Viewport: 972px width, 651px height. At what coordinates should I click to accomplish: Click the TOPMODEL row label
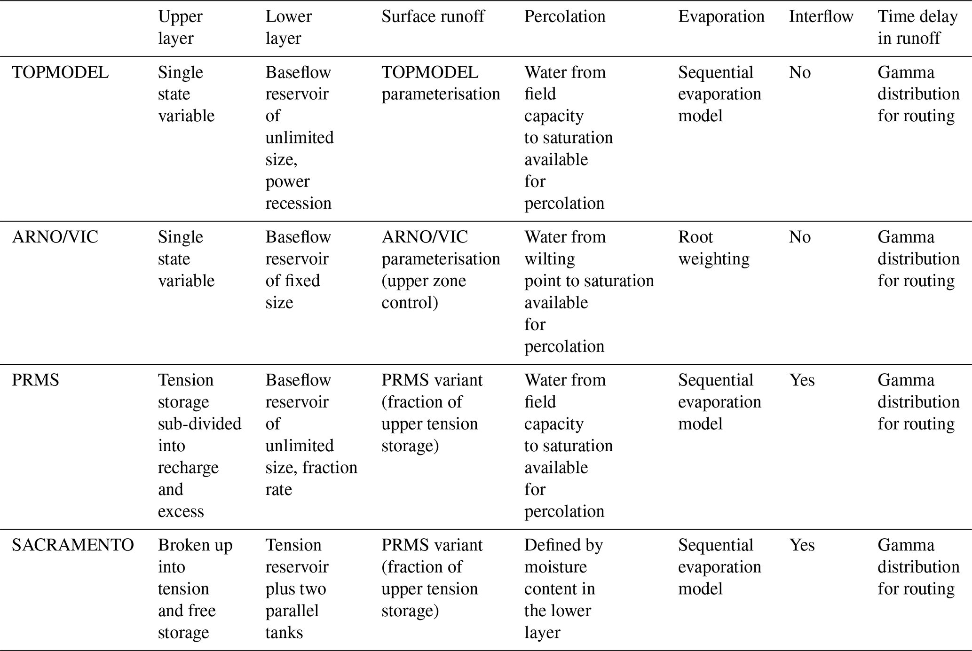(60, 72)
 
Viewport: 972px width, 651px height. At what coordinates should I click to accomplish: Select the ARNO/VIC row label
(55, 237)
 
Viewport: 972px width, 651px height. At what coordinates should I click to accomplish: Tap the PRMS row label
(35, 380)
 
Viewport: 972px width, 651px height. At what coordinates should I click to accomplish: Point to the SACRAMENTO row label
(73, 545)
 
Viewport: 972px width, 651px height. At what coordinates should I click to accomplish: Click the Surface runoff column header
(433, 16)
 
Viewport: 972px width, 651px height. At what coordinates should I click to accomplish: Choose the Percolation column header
(565, 16)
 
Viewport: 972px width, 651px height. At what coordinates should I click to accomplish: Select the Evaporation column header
(721, 16)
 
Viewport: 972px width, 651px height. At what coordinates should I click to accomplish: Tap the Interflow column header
(821, 16)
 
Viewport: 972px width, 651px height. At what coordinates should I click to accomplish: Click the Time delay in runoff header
(917, 27)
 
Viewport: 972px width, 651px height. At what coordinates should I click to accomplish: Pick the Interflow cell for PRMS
(801, 380)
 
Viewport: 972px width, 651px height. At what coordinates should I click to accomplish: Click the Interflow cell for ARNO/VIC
(799, 237)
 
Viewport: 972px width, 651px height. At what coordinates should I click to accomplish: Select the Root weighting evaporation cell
(713, 248)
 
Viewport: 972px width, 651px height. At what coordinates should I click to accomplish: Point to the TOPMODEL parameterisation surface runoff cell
(440, 83)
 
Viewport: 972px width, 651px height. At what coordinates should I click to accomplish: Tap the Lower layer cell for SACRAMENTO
(296, 588)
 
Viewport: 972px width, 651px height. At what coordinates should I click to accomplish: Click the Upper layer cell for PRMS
(199, 445)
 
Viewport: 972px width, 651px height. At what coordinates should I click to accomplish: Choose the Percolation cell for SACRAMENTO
(563, 588)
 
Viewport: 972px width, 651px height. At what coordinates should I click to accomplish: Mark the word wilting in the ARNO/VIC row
(549, 259)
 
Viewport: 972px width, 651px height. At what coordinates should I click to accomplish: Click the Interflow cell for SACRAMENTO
(801, 545)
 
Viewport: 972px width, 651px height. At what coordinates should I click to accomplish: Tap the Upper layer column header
(180, 27)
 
